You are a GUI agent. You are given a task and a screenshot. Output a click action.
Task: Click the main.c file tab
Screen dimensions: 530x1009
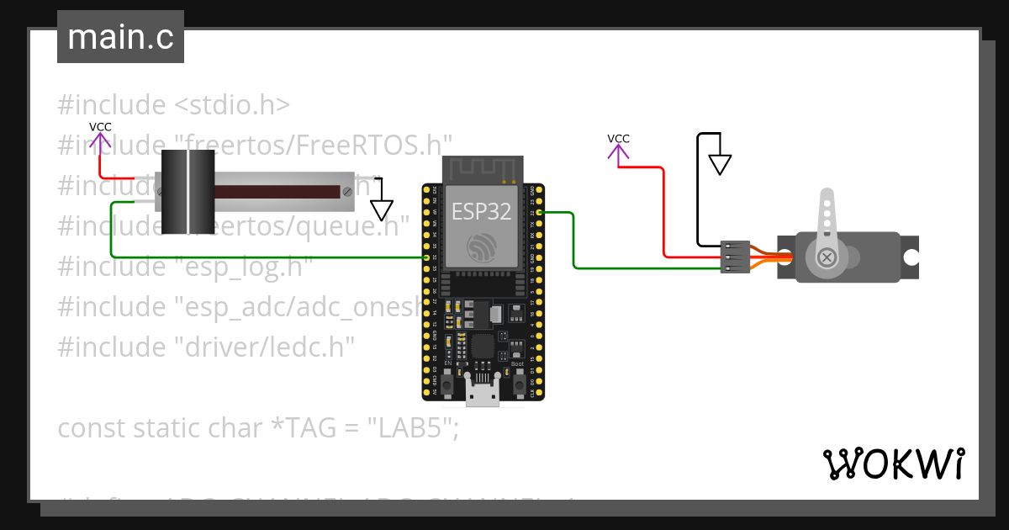(120, 37)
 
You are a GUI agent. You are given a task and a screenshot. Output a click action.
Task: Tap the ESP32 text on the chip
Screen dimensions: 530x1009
(481, 210)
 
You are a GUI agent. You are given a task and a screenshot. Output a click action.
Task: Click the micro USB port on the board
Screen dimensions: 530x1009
(483, 393)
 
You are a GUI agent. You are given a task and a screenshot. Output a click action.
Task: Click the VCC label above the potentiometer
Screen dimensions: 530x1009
(100, 127)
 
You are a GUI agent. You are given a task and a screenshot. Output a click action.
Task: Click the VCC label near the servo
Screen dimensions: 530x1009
(618, 139)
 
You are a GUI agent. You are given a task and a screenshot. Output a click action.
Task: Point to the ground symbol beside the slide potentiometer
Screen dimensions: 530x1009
(383, 209)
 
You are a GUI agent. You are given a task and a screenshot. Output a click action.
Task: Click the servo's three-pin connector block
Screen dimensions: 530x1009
(735, 257)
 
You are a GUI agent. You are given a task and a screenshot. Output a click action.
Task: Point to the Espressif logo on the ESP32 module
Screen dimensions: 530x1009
(482, 246)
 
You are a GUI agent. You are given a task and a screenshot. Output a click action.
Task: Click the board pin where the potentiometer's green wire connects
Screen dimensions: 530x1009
(428, 257)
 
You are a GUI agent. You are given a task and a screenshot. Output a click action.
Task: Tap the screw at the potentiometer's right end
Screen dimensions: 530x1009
(347, 192)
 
